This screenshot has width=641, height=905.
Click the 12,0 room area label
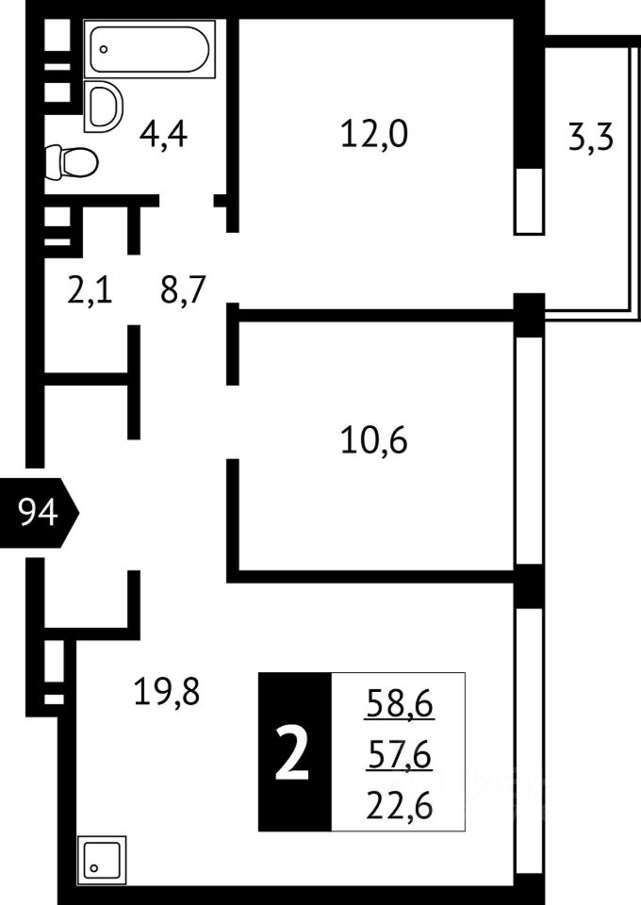pyautogui.click(x=373, y=136)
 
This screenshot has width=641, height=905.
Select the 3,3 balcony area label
pyautogui.click(x=591, y=139)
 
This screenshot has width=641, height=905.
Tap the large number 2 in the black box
pyautogui.click(x=293, y=752)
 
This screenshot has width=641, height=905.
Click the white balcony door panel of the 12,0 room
pyautogui.click(x=529, y=200)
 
